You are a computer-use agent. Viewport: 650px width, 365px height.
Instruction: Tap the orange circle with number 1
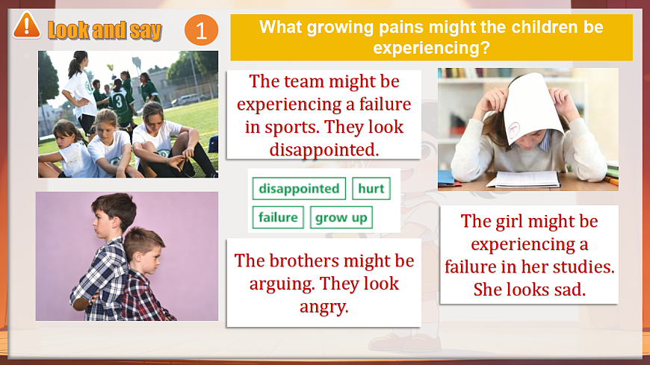point(201,31)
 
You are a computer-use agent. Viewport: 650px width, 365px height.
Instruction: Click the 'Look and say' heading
point(105,30)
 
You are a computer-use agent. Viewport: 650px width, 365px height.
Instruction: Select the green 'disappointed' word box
point(299,189)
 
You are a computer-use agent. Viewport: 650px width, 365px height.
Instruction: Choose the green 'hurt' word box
point(371,189)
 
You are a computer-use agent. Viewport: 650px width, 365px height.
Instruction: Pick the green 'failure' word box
point(278,218)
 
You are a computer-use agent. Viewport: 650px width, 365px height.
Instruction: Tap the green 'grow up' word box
point(341,218)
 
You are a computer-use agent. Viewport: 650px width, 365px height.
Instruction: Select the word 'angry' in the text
point(324,306)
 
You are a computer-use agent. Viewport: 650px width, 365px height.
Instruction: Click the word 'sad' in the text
point(568,290)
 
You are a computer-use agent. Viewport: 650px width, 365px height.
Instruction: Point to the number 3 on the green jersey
point(118,99)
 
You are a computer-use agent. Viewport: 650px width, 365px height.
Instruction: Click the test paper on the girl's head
point(533,107)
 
